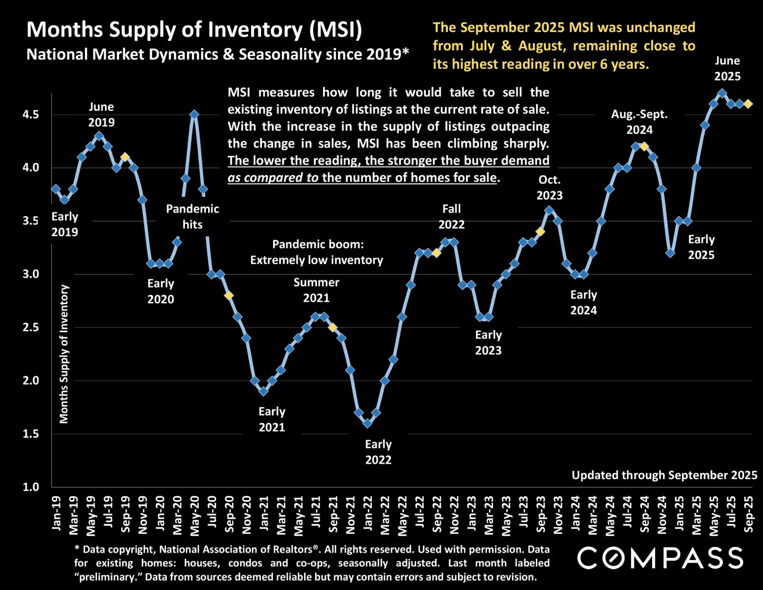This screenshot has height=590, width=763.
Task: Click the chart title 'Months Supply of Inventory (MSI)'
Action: (194, 30)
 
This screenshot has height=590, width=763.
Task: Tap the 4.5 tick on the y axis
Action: (31, 115)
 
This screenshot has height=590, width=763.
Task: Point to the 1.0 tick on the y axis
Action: (31, 487)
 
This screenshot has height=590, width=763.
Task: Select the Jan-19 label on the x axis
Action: (56, 513)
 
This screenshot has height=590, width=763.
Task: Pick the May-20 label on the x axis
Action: (195, 516)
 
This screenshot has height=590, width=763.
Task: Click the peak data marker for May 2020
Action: (195, 115)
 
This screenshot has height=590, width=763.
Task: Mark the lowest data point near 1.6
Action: (367, 423)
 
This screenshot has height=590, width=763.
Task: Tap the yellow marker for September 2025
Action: (748, 104)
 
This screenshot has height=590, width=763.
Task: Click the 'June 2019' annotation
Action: (102, 115)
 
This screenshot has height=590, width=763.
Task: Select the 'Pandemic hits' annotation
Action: (193, 217)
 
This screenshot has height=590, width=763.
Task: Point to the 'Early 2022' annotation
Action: (378, 452)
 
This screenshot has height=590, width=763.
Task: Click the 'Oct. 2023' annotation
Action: (549, 187)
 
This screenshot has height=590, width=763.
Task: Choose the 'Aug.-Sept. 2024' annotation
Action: (639, 122)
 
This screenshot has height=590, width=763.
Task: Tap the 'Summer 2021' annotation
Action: (316, 290)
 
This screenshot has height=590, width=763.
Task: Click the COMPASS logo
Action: (660, 558)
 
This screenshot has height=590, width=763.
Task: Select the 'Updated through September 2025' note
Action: (664, 475)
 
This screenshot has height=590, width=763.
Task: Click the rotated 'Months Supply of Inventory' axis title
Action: (64, 354)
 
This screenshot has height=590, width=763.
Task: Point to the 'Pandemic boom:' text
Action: (318, 244)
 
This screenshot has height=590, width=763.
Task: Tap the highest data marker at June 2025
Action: (722, 94)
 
